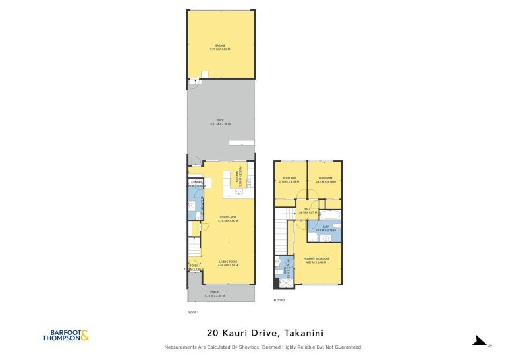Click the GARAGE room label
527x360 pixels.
[221, 46]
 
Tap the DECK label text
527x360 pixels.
[221, 120]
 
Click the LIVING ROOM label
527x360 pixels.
[227, 262]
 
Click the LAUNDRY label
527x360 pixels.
[195, 182]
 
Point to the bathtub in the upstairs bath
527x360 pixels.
[330, 215]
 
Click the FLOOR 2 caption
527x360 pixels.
[279, 300]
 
